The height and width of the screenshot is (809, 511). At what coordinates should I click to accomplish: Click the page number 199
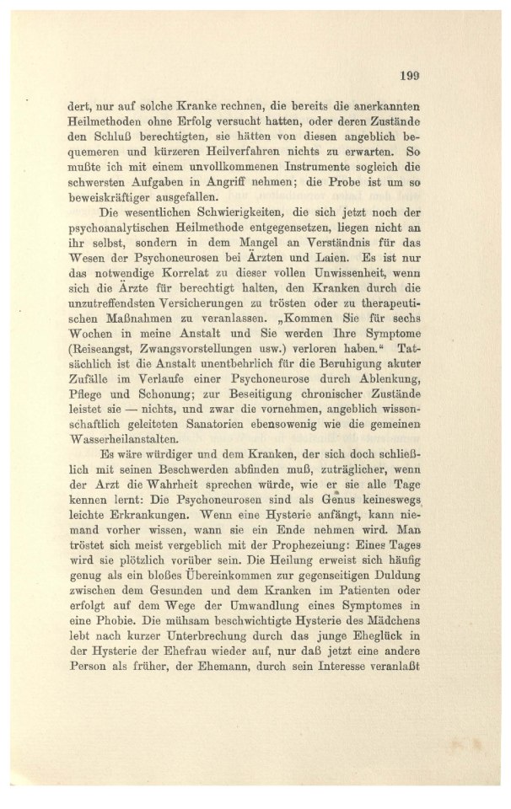pyautogui.click(x=410, y=75)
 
